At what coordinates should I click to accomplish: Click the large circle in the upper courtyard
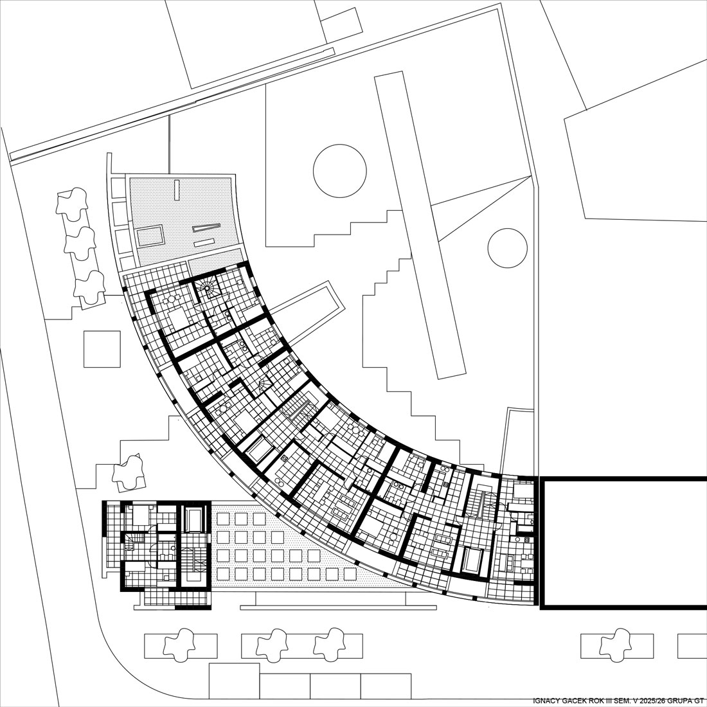click(x=339, y=145)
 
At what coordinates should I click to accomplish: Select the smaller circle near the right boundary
click(x=507, y=229)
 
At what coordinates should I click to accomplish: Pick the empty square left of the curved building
click(x=102, y=349)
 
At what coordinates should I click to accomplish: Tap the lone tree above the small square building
click(x=130, y=473)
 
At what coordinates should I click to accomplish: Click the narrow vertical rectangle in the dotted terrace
click(x=177, y=190)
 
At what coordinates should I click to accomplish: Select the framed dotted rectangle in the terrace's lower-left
click(x=149, y=236)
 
